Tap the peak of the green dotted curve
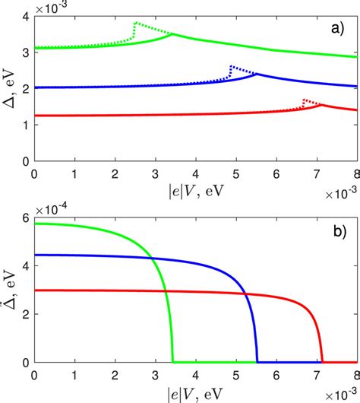(135, 23)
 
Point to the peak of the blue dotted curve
(231, 66)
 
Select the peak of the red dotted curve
(304, 99)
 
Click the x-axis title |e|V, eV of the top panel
(195, 187)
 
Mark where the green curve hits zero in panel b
(173, 362)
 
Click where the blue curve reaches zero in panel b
(257, 362)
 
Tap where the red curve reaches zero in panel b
(323, 362)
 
